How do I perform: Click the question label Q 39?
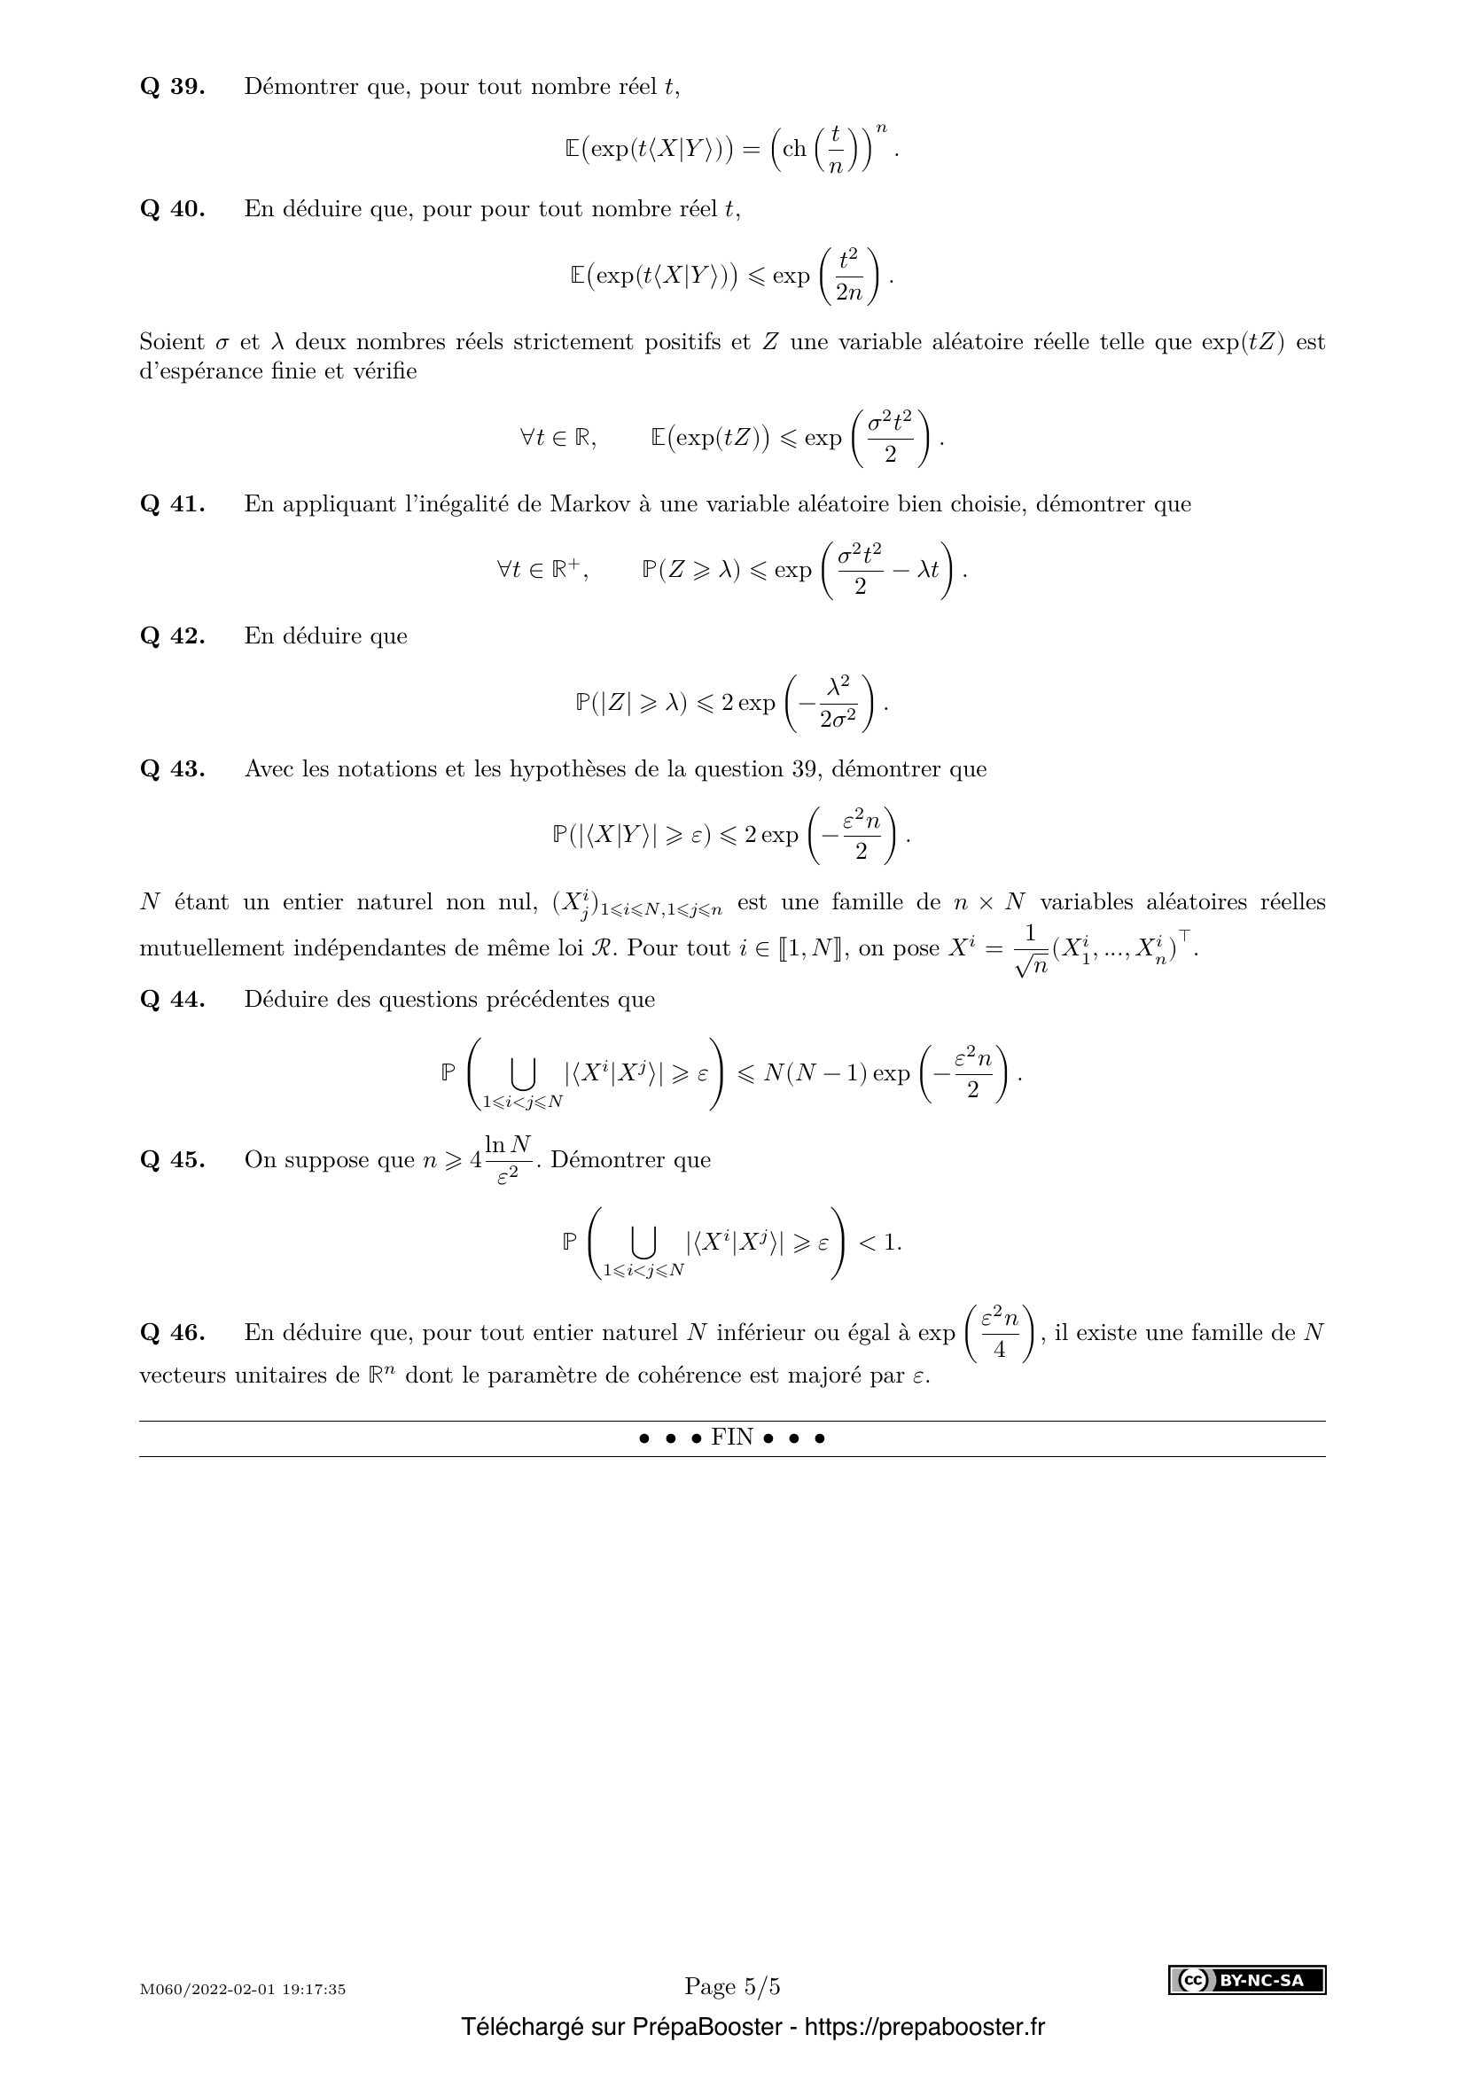tap(173, 87)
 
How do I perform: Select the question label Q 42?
tap(173, 635)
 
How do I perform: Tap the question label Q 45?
tap(173, 1160)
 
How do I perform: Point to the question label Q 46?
tap(173, 1333)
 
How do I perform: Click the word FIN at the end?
tap(732, 1438)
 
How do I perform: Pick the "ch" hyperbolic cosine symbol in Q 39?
tap(794, 149)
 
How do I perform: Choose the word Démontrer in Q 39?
tap(301, 87)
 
